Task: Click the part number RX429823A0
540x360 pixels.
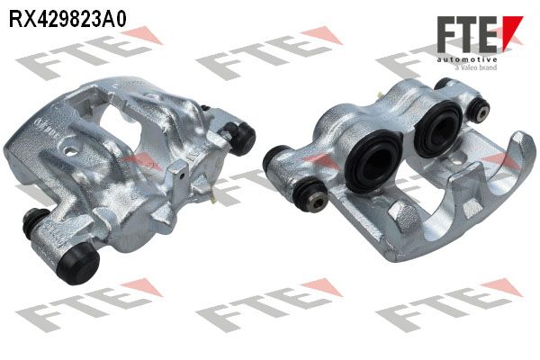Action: point(67,19)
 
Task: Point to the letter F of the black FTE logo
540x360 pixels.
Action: point(446,34)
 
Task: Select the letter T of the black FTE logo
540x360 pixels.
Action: point(468,34)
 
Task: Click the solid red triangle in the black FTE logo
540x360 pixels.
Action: point(510,31)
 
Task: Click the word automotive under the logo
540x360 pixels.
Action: point(467,60)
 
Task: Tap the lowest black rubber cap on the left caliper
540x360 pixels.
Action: point(78,263)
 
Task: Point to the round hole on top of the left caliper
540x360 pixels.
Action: point(70,151)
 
